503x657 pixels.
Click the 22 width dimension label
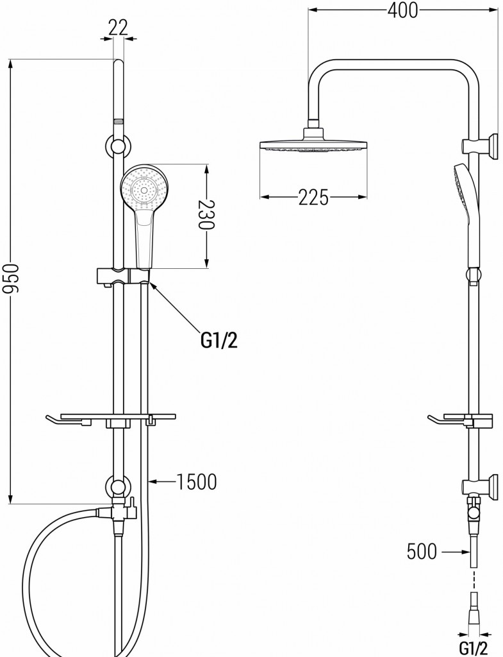tap(118, 26)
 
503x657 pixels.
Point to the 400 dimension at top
tap(402, 10)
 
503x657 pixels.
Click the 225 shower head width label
tap(313, 198)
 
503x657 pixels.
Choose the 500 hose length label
tap(422, 550)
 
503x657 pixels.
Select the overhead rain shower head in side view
tap(313, 142)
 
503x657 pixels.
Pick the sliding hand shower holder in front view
tap(124, 276)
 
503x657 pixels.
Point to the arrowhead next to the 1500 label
tap(154, 480)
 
